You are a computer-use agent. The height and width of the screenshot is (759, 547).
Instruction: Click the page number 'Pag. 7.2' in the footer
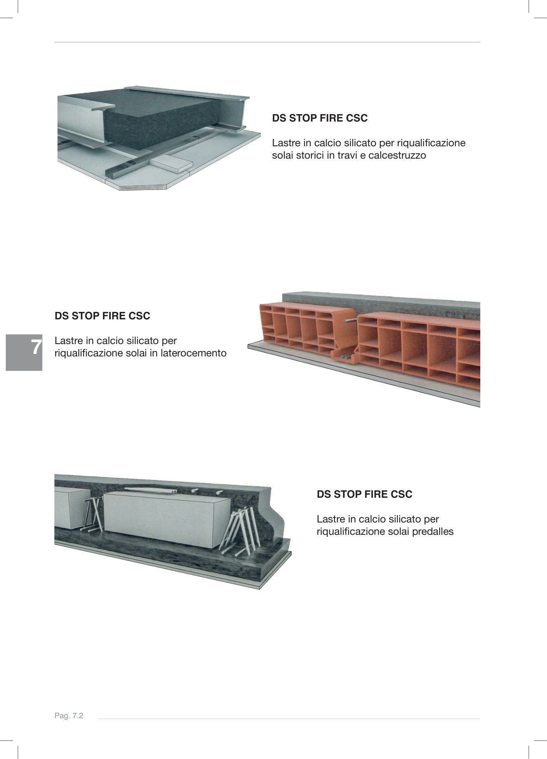69,716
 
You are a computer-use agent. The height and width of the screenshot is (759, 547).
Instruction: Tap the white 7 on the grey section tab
36,347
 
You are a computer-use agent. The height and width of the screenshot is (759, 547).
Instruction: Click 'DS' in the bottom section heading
324,494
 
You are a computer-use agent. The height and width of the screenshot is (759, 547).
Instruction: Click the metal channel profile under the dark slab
124,169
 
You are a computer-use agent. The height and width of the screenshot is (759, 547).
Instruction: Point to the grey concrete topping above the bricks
383,303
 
